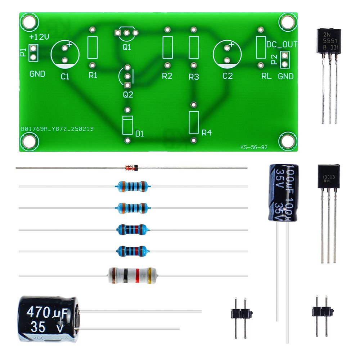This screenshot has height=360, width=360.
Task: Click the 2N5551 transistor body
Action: click(x=328, y=41)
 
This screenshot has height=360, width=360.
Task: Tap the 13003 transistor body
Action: click(x=328, y=176)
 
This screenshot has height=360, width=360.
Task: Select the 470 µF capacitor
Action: click(x=48, y=319)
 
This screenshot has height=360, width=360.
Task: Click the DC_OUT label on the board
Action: click(x=282, y=45)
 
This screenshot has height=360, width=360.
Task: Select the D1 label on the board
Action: click(x=140, y=134)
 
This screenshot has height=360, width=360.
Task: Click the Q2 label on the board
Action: click(x=128, y=95)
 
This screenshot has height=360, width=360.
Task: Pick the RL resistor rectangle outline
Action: click(x=261, y=47)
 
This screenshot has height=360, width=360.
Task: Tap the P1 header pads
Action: click(x=33, y=52)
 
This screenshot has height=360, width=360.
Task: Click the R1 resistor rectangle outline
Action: click(x=93, y=47)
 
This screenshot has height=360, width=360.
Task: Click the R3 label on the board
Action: click(x=194, y=77)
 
